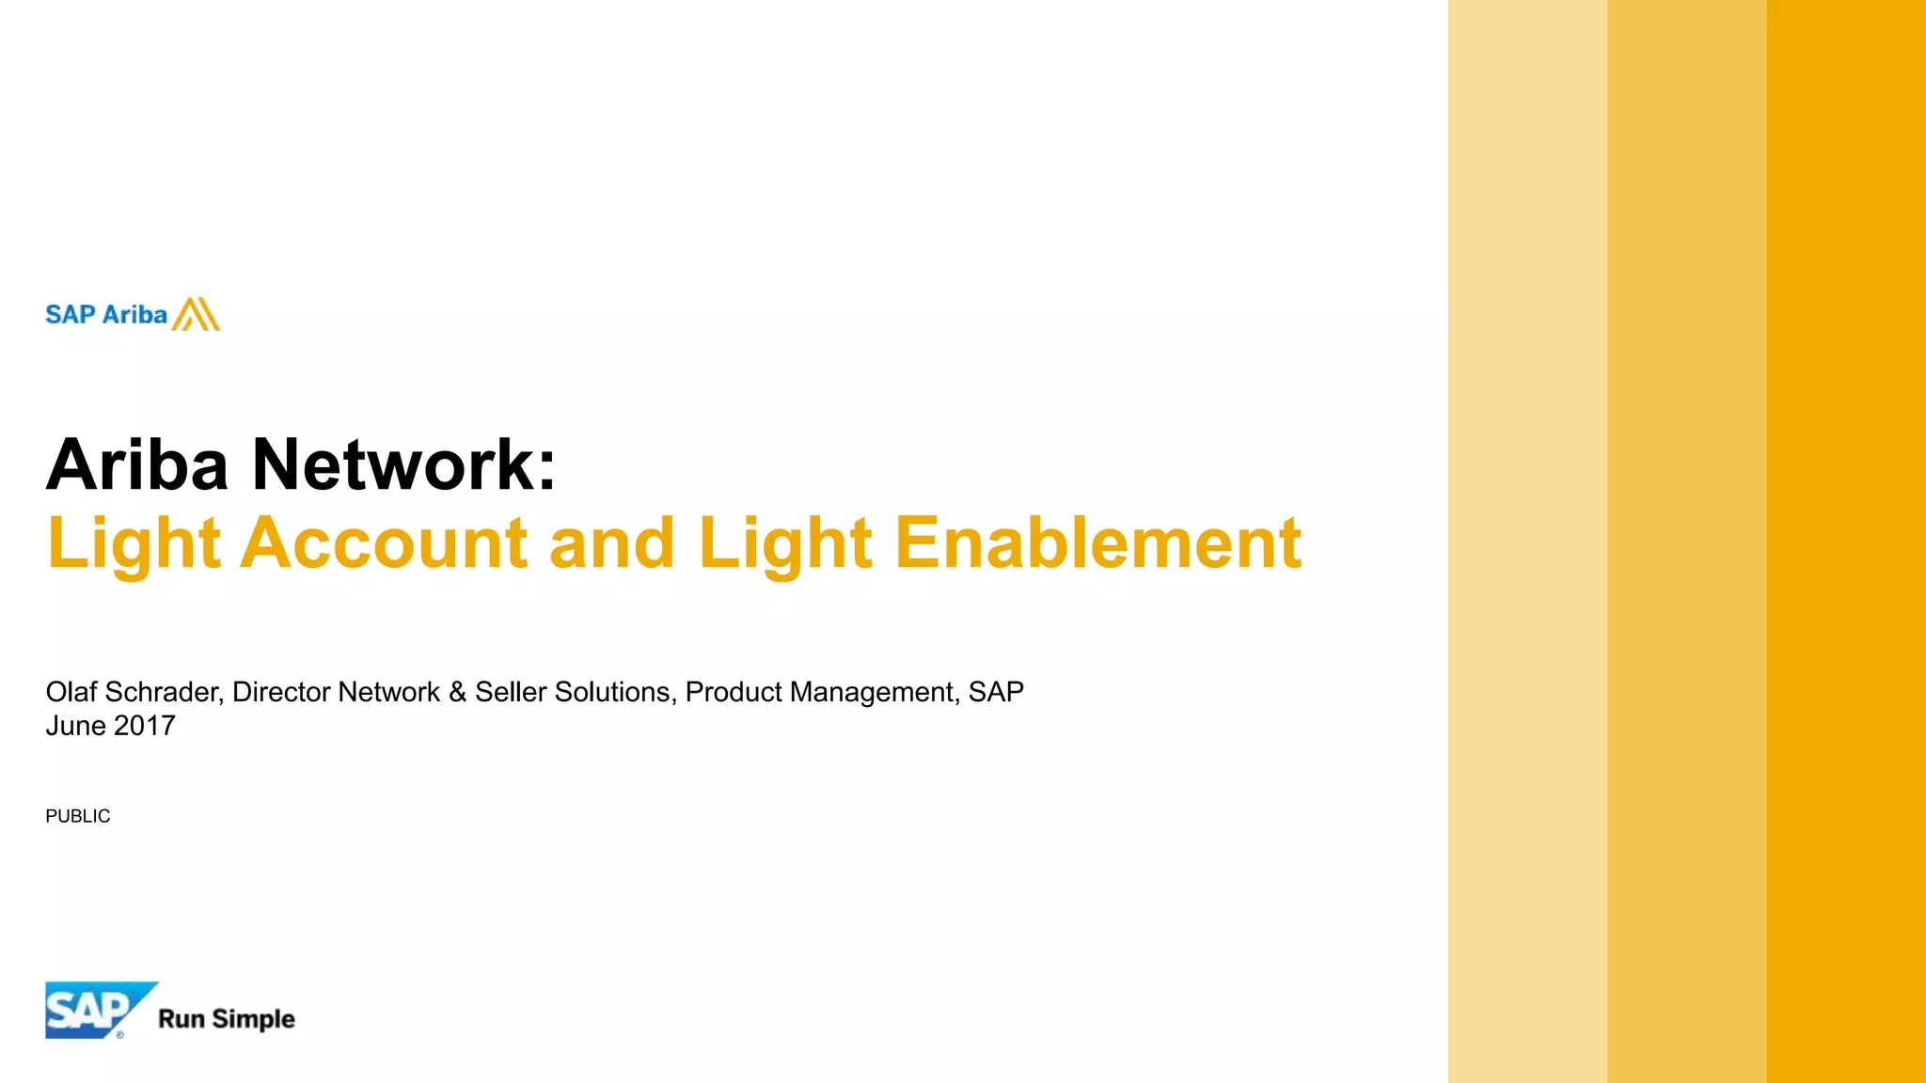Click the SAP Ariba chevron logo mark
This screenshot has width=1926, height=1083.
click(196, 314)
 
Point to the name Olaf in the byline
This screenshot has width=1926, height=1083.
click(71, 692)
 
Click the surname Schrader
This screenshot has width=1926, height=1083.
click(163, 692)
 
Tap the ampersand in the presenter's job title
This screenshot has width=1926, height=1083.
click(458, 692)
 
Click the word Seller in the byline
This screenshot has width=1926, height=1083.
click(511, 692)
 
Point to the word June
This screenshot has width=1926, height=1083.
click(75, 726)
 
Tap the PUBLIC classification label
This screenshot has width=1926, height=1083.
click(78, 816)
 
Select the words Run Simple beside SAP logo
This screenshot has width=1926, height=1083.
click(227, 1019)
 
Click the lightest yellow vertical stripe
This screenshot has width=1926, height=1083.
click(1527, 541)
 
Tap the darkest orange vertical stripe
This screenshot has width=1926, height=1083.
click(1846, 541)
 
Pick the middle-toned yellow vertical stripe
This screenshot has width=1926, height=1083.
click(1686, 541)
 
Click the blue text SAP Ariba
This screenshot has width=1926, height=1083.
click(106, 315)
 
